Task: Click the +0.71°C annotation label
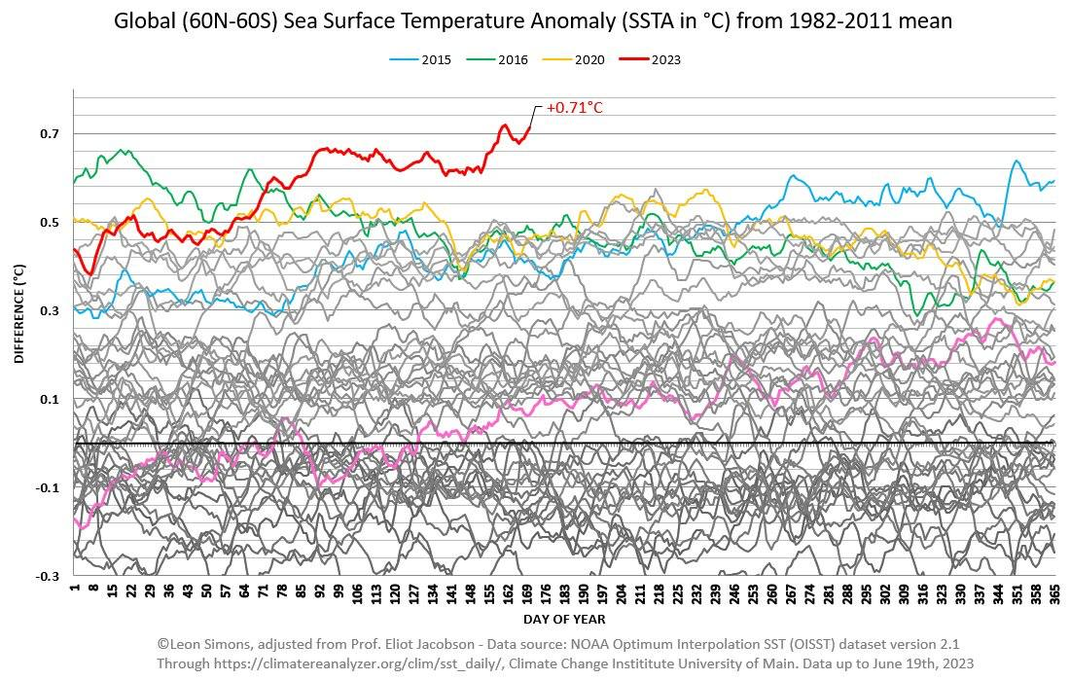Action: pyautogui.click(x=574, y=107)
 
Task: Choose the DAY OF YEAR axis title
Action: pyautogui.click(x=564, y=619)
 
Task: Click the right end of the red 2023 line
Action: pyautogui.click(x=530, y=127)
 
